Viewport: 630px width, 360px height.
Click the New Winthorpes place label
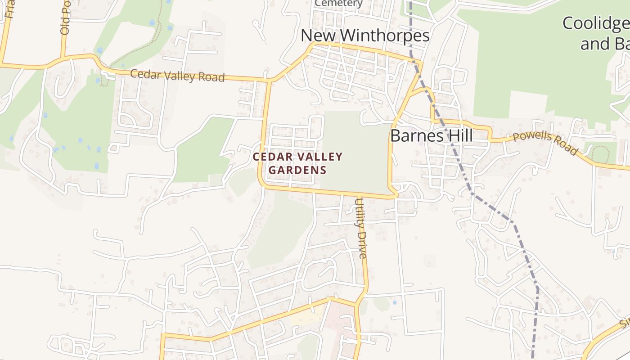pos(365,35)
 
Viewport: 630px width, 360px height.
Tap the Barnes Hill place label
pos(431,135)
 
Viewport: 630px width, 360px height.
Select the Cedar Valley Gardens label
pos(297,163)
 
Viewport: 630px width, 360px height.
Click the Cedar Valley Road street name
pos(177,76)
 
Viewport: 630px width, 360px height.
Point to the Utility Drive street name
pos(361,228)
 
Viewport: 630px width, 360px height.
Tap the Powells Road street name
pos(545,143)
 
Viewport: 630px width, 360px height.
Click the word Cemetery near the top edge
pos(338,4)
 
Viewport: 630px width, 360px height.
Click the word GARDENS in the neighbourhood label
pos(297,170)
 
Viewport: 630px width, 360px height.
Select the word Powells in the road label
pos(532,139)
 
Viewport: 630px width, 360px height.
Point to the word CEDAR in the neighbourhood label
pos(269,157)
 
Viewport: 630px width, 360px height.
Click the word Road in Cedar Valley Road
pos(211,77)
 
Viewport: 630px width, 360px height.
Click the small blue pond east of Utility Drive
pos(394,302)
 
